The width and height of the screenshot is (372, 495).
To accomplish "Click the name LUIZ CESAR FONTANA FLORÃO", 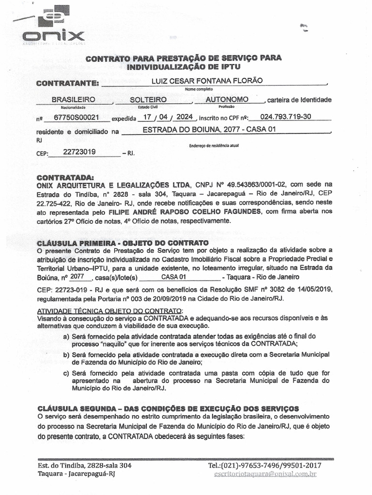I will pos(207,81).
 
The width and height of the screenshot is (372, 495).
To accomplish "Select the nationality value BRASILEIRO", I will pos(73,99).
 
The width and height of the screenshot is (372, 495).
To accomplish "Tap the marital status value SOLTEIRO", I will pos(148,99).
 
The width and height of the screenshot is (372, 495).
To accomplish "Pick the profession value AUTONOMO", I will pos(227,99).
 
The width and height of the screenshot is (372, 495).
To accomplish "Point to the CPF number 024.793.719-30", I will pos(286,117).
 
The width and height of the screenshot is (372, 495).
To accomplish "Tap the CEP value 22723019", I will pos(79,152).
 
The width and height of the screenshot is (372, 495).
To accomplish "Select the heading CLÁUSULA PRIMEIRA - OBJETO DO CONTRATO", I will pos(123,242).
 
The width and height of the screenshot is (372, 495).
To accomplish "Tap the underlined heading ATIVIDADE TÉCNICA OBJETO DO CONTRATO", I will pos(110,310).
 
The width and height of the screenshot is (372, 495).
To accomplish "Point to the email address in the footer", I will pos(265,474).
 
